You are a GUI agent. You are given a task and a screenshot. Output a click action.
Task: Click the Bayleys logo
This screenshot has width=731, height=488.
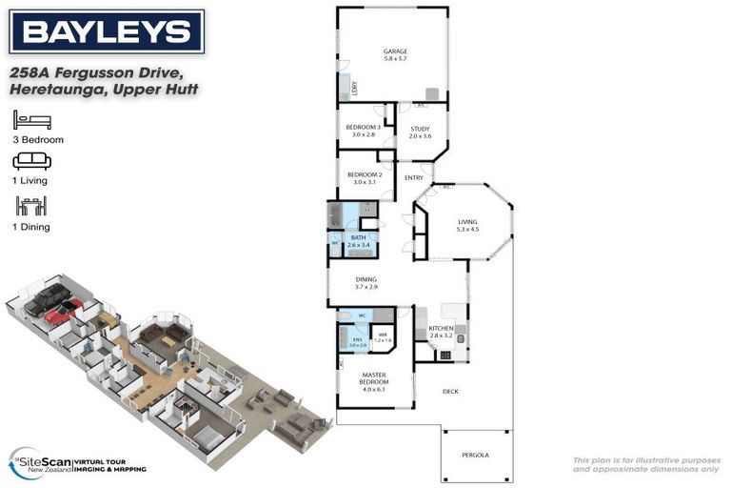point(106,33)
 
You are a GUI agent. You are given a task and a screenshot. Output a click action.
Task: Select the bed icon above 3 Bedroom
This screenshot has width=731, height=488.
point(31,120)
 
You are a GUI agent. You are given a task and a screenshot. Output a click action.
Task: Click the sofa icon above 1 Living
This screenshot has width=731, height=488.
point(31,160)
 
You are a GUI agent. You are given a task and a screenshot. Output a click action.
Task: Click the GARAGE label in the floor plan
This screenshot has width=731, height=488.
point(395,51)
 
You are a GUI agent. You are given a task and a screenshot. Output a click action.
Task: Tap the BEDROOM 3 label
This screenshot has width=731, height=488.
point(363,128)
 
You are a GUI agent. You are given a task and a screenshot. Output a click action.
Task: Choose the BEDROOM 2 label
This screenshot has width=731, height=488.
point(364,174)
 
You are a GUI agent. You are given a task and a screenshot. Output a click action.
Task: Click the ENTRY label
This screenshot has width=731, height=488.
point(414,178)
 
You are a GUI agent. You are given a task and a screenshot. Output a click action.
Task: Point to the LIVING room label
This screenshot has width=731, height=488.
point(467,221)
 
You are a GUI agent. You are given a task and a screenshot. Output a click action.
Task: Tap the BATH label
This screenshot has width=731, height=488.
point(358,237)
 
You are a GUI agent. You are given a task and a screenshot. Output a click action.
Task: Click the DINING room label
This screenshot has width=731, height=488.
point(366,279)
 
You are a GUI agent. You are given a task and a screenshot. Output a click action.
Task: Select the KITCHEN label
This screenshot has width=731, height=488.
point(441,328)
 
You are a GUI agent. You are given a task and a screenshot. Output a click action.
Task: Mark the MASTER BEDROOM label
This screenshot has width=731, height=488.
point(373,379)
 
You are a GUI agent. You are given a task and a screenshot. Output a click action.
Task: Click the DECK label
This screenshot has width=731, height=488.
point(451,392)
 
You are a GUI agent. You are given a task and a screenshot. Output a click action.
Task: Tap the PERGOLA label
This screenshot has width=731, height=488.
point(475,455)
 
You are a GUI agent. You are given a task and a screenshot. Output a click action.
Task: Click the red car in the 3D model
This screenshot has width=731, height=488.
point(62,311)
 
